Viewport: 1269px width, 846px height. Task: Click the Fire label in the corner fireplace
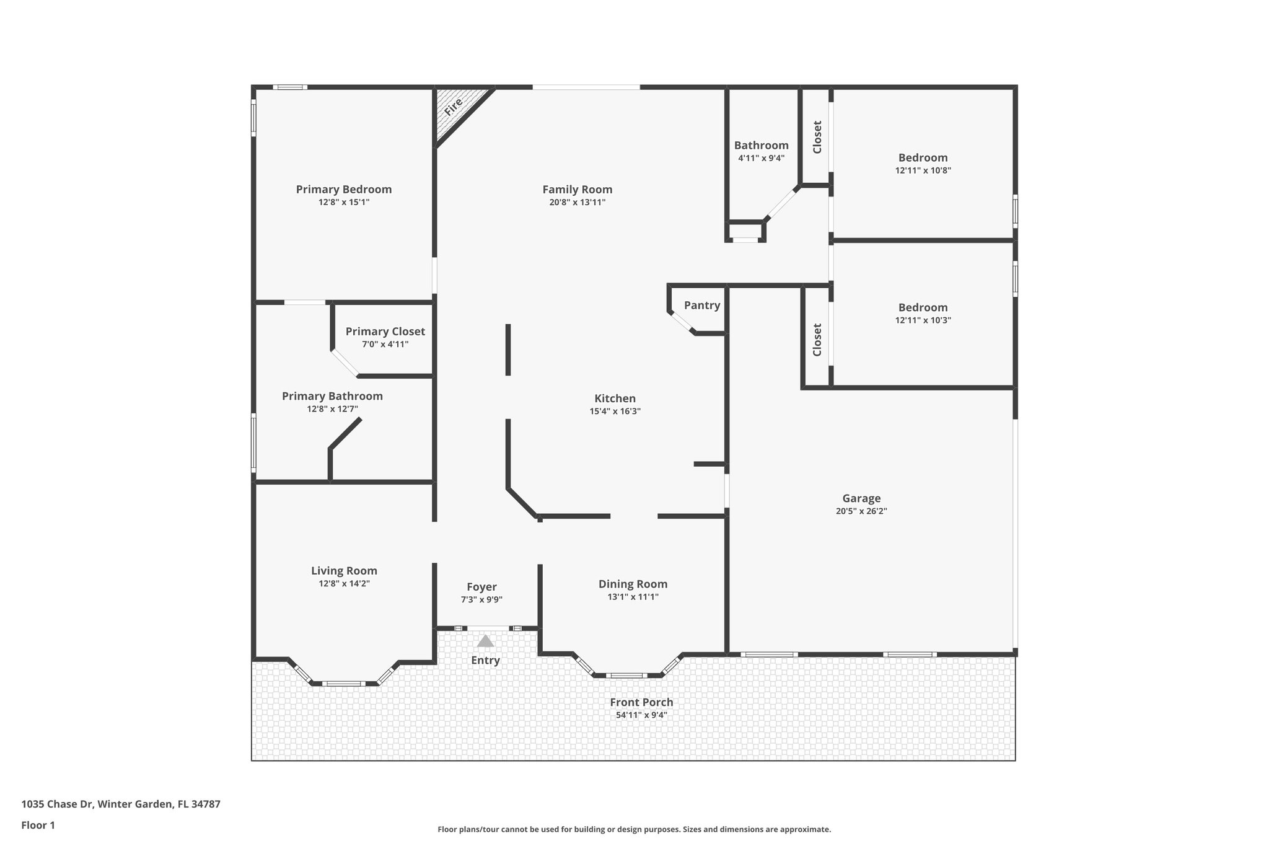tap(454, 107)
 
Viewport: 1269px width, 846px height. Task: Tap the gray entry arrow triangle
tap(485, 641)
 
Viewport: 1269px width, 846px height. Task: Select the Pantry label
tap(702, 305)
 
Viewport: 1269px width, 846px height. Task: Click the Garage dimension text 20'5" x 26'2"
tap(861, 511)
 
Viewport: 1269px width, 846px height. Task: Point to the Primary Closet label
tap(385, 332)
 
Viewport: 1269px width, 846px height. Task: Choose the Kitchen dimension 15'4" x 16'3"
tap(615, 412)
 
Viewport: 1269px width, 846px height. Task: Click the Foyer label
tap(481, 587)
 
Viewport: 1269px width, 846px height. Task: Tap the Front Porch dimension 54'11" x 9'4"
tap(641, 715)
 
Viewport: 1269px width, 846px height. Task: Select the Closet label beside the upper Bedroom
tap(817, 137)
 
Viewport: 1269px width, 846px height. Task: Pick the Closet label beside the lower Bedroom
tap(817, 340)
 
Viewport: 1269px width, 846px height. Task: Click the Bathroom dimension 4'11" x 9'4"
tap(761, 158)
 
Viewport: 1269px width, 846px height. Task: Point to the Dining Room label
tap(633, 584)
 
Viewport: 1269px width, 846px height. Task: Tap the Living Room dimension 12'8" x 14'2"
tap(344, 584)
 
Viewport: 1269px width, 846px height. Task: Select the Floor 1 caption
tap(38, 825)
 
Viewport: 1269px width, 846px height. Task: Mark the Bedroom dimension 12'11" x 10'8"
tap(923, 170)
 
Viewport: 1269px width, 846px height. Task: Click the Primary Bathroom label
tap(332, 396)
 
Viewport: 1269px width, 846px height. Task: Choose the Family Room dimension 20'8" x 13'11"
tap(577, 203)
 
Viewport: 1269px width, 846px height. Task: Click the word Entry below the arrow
tap(485, 660)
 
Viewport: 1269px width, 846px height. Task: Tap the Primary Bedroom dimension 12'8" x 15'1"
tap(343, 202)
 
